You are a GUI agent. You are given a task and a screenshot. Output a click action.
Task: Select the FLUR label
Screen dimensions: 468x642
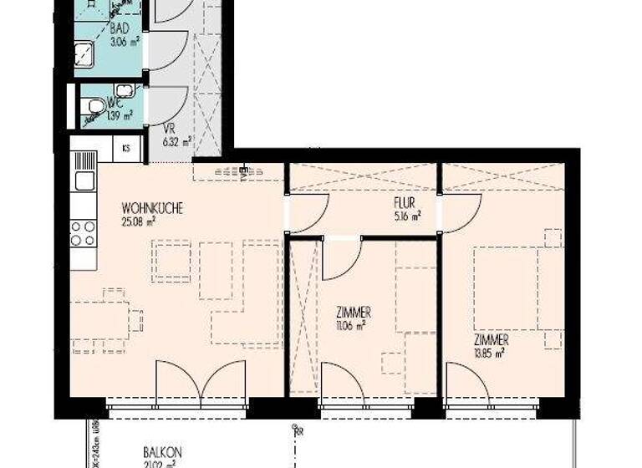[x=405, y=203]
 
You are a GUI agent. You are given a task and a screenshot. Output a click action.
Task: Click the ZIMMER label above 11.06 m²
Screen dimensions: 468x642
[x=354, y=313]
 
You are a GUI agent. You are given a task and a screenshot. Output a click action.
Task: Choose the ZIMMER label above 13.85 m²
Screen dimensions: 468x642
[x=492, y=341]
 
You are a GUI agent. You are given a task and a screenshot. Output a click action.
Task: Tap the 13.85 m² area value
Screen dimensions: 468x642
[x=488, y=354]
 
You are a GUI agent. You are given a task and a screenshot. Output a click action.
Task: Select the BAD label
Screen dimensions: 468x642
[x=120, y=26]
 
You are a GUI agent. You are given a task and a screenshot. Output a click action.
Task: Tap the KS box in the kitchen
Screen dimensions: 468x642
[x=126, y=149]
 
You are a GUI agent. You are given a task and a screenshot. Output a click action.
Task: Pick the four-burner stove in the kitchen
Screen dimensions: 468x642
[x=83, y=233]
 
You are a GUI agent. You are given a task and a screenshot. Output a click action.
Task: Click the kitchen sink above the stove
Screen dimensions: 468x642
[x=83, y=180]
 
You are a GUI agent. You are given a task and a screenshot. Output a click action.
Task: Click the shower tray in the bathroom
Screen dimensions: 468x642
[x=88, y=57]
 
